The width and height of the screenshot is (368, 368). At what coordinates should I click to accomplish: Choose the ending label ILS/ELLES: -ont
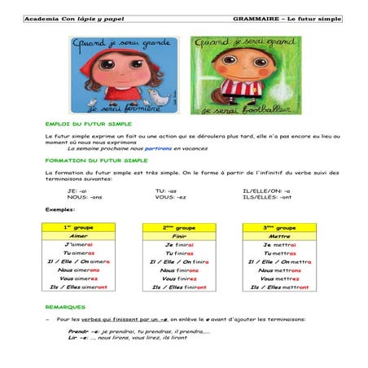(265, 197)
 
